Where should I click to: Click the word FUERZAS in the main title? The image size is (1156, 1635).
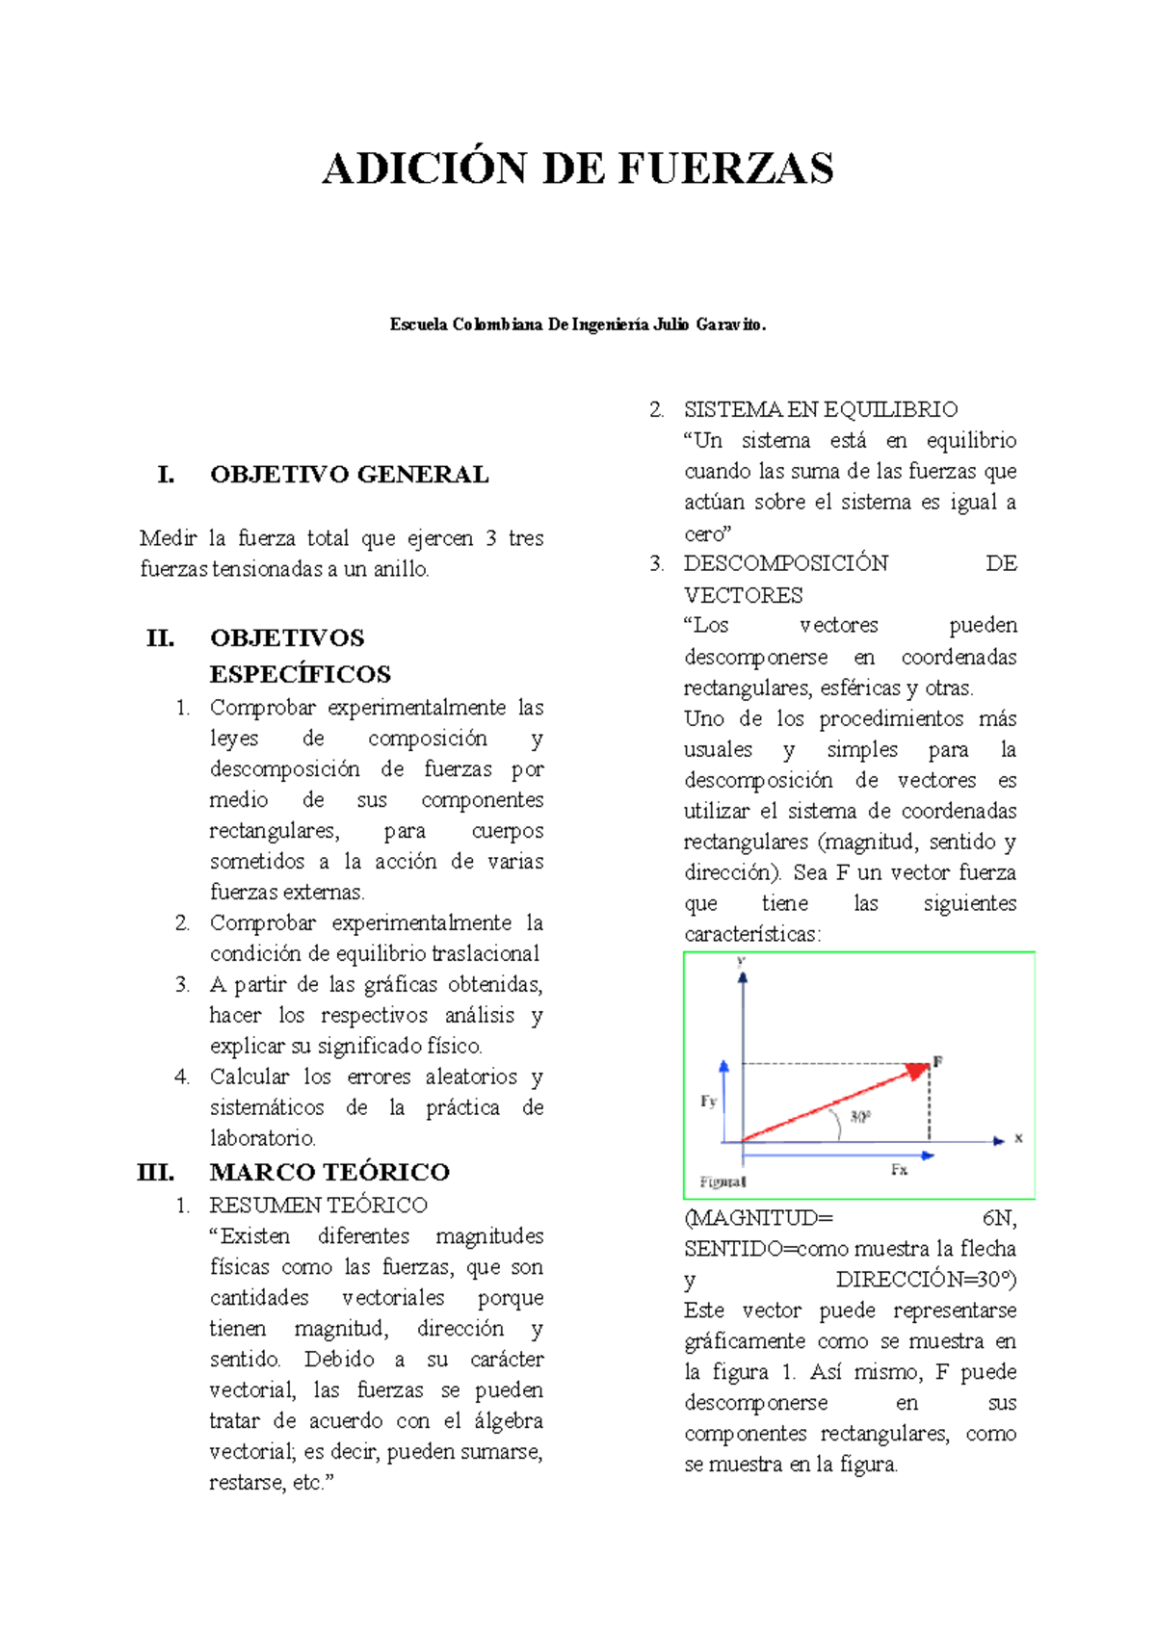pyautogui.click(x=724, y=169)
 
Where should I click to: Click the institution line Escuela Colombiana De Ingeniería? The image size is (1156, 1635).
pyautogui.click(x=578, y=324)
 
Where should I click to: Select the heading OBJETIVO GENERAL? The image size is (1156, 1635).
pyautogui.click(x=349, y=475)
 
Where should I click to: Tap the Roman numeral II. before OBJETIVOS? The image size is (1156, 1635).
pyautogui.click(x=160, y=638)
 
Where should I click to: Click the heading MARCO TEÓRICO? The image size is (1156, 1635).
pyautogui.click(x=329, y=1172)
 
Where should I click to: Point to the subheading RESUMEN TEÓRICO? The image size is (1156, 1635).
pyautogui.click(x=318, y=1205)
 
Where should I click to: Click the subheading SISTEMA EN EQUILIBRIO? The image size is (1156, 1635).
pyautogui.click(x=820, y=409)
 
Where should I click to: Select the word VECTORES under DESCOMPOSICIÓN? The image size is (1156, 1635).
pyautogui.click(x=743, y=595)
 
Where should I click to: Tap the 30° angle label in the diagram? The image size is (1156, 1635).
pyautogui.click(x=859, y=1117)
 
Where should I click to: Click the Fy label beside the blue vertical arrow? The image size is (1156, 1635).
pyautogui.click(x=708, y=1101)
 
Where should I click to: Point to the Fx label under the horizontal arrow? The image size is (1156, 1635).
pyautogui.click(x=899, y=1169)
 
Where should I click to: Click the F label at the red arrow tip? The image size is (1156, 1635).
pyautogui.click(x=937, y=1061)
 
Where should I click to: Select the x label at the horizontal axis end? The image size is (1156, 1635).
pyautogui.click(x=1018, y=1138)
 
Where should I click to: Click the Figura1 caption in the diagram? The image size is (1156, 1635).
pyautogui.click(x=722, y=1181)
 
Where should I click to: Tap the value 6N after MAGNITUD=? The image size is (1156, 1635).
pyautogui.click(x=999, y=1218)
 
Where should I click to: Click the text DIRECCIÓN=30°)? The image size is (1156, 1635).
pyautogui.click(x=925, y=1280)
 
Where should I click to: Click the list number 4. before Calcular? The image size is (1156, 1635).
pyautogui.click(x=182, y=1077)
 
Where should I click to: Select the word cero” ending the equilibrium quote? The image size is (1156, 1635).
pyautogui.click(x=708, y=533)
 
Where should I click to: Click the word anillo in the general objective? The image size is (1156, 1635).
pyautogui.click(x=401, y=569)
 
